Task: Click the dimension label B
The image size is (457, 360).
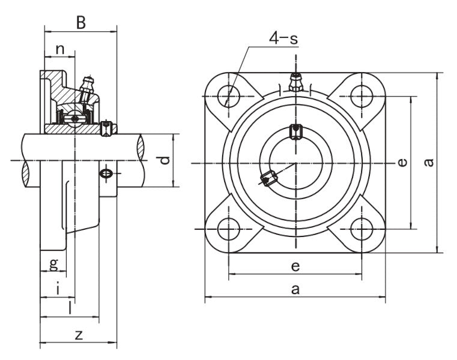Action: coord(80,23)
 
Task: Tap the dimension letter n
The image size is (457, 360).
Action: coord(60,49)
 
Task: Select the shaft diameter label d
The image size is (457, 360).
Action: coord(163,160)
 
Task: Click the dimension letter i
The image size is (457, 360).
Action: coord(57,289)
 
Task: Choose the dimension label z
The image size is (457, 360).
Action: coord(78,335)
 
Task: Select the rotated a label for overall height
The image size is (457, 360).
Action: coord(428,163)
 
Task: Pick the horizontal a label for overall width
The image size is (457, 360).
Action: coord(295,289)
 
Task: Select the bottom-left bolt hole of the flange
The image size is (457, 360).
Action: coord(228,229)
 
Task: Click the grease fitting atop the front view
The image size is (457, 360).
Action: coord(295,82)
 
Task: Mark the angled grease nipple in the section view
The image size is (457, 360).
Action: coord(89,86)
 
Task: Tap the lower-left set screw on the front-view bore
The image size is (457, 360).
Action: coord(268,178)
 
